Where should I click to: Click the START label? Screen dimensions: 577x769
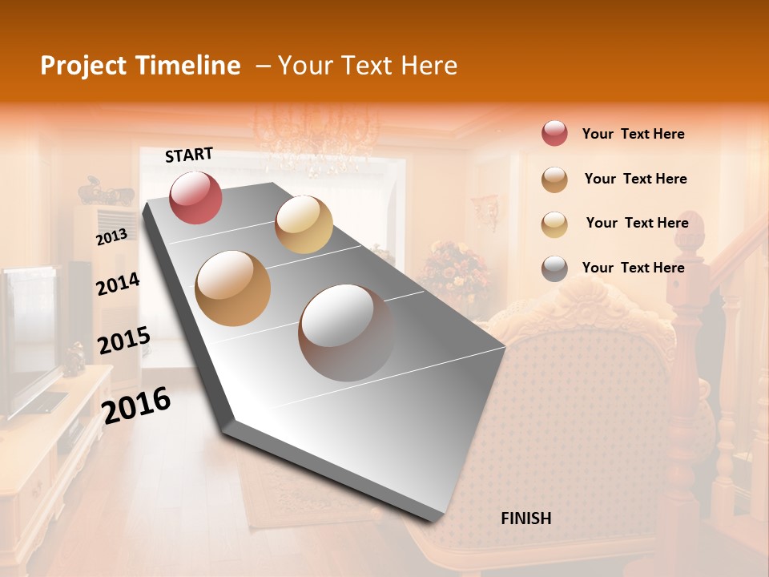[x=189, y=155]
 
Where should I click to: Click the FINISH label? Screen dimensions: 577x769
[x=525, y=518]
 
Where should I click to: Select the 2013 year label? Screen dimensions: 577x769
[x=111, y=236]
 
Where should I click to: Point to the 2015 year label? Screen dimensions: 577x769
[x=123, y=341]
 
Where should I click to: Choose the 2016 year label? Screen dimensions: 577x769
[x=136, y=405]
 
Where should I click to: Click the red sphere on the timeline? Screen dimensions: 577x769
[x=195, y=197]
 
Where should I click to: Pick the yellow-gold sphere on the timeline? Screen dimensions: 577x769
[x=304, y=224]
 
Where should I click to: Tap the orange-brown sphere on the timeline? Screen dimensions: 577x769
[x=232, y=288]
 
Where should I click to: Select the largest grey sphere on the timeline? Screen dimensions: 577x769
[x=347, y=332]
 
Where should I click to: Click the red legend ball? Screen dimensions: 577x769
[x=554, y=134]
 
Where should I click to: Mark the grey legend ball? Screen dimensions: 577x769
[x=554, y=268]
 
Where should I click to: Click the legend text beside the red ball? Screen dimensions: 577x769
[x=633, y=134]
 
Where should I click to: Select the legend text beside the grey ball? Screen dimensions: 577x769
[x=633, y=268]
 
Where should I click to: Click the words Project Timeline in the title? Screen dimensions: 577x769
[x=140, y=66]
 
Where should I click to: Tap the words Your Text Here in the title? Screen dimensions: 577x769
[x=368, y=66]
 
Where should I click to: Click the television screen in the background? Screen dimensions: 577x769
[x=28, y=337]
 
